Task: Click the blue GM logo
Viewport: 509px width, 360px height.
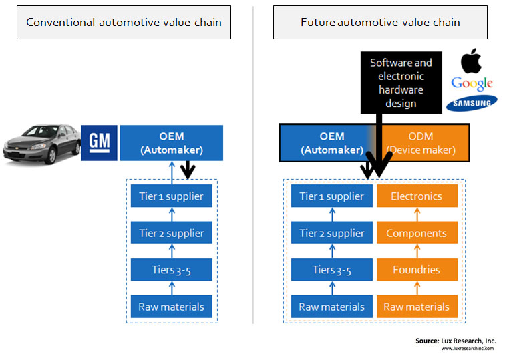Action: point(99,143)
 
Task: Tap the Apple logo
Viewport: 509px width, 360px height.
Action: point(471,61)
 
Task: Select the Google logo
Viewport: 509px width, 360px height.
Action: point(472,84)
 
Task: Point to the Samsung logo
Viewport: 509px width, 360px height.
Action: point(472,103)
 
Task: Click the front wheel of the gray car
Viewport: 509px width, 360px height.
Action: point(51,156)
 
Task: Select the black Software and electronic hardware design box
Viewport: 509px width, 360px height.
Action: point(401,82)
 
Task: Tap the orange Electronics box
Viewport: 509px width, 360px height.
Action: point(417,196)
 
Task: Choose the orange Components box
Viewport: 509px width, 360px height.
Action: point(417,232)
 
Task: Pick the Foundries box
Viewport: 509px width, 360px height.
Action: point(417,269)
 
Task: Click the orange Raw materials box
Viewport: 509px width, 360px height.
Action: point(417,306)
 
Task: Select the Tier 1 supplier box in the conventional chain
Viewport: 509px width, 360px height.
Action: point(172,196)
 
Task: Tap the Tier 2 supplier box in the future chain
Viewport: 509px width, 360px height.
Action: point(332,232)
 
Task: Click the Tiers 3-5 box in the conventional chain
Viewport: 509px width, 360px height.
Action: point(172,269)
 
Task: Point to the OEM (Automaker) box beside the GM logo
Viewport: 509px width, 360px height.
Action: point(172,143)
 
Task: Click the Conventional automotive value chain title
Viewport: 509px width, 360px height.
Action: point(124,23)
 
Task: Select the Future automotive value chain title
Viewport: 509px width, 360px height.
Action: point(381,23)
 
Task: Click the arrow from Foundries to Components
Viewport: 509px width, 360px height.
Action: point(417,251)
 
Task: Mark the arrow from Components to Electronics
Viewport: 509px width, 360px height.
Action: point(417,214)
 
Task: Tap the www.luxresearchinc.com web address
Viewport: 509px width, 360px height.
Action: point(468,349)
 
